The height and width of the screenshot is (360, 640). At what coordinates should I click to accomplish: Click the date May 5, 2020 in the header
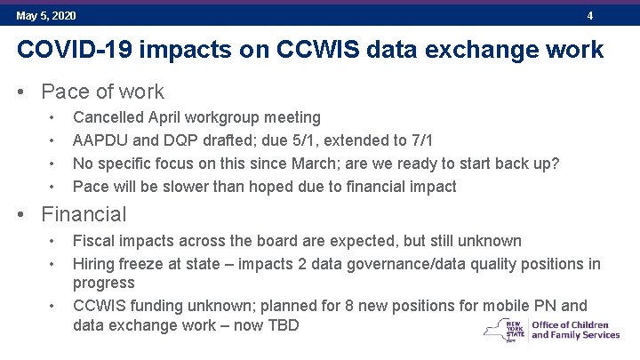46,16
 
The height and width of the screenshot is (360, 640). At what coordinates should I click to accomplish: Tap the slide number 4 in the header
589,16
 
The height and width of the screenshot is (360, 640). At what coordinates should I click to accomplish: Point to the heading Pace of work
102,92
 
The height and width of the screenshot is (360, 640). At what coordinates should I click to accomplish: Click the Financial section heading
84,214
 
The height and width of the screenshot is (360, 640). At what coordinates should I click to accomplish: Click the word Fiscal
93,241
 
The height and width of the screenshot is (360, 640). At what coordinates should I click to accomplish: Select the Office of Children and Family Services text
575,330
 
